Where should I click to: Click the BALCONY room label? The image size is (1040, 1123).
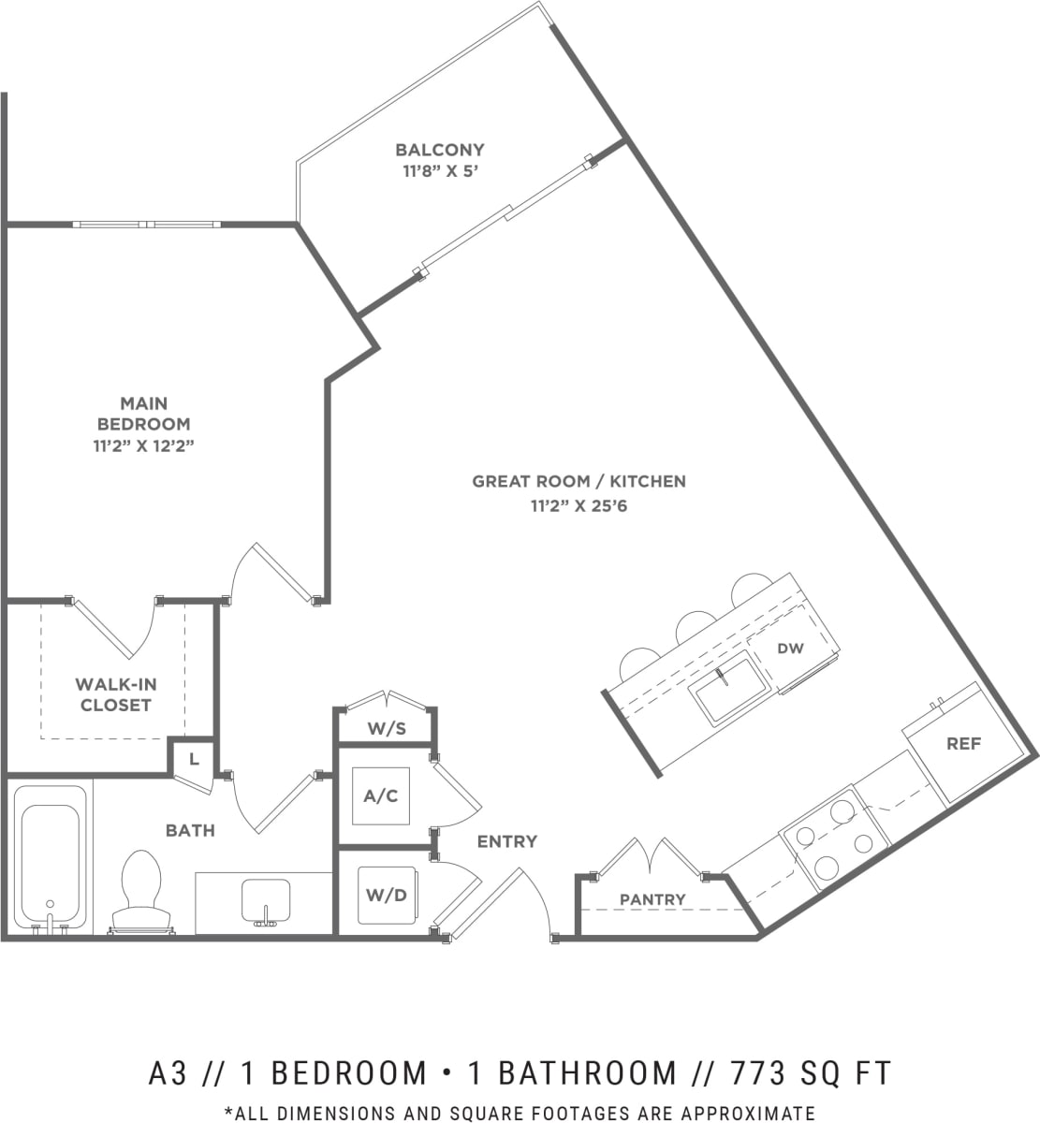coord(439,150)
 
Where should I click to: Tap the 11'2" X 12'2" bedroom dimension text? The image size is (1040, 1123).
coord(143,445)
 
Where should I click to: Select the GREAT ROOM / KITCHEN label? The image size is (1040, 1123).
coord(579,482)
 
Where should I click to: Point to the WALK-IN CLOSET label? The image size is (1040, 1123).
coord(115,694)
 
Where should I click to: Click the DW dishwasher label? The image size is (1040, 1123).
coord(790,649)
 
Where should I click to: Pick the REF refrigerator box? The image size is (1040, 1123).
coord(963,744)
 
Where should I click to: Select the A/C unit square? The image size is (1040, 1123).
coord(381,795)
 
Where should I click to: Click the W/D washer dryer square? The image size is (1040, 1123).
coord(386,895)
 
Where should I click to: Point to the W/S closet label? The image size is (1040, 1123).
coord(386,728)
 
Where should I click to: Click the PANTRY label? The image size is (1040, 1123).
coord(652,899)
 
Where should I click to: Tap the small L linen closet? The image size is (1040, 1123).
coord(194,759)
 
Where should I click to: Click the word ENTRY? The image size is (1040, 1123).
coord(506,841)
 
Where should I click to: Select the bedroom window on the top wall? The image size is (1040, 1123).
coord(147,225)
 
